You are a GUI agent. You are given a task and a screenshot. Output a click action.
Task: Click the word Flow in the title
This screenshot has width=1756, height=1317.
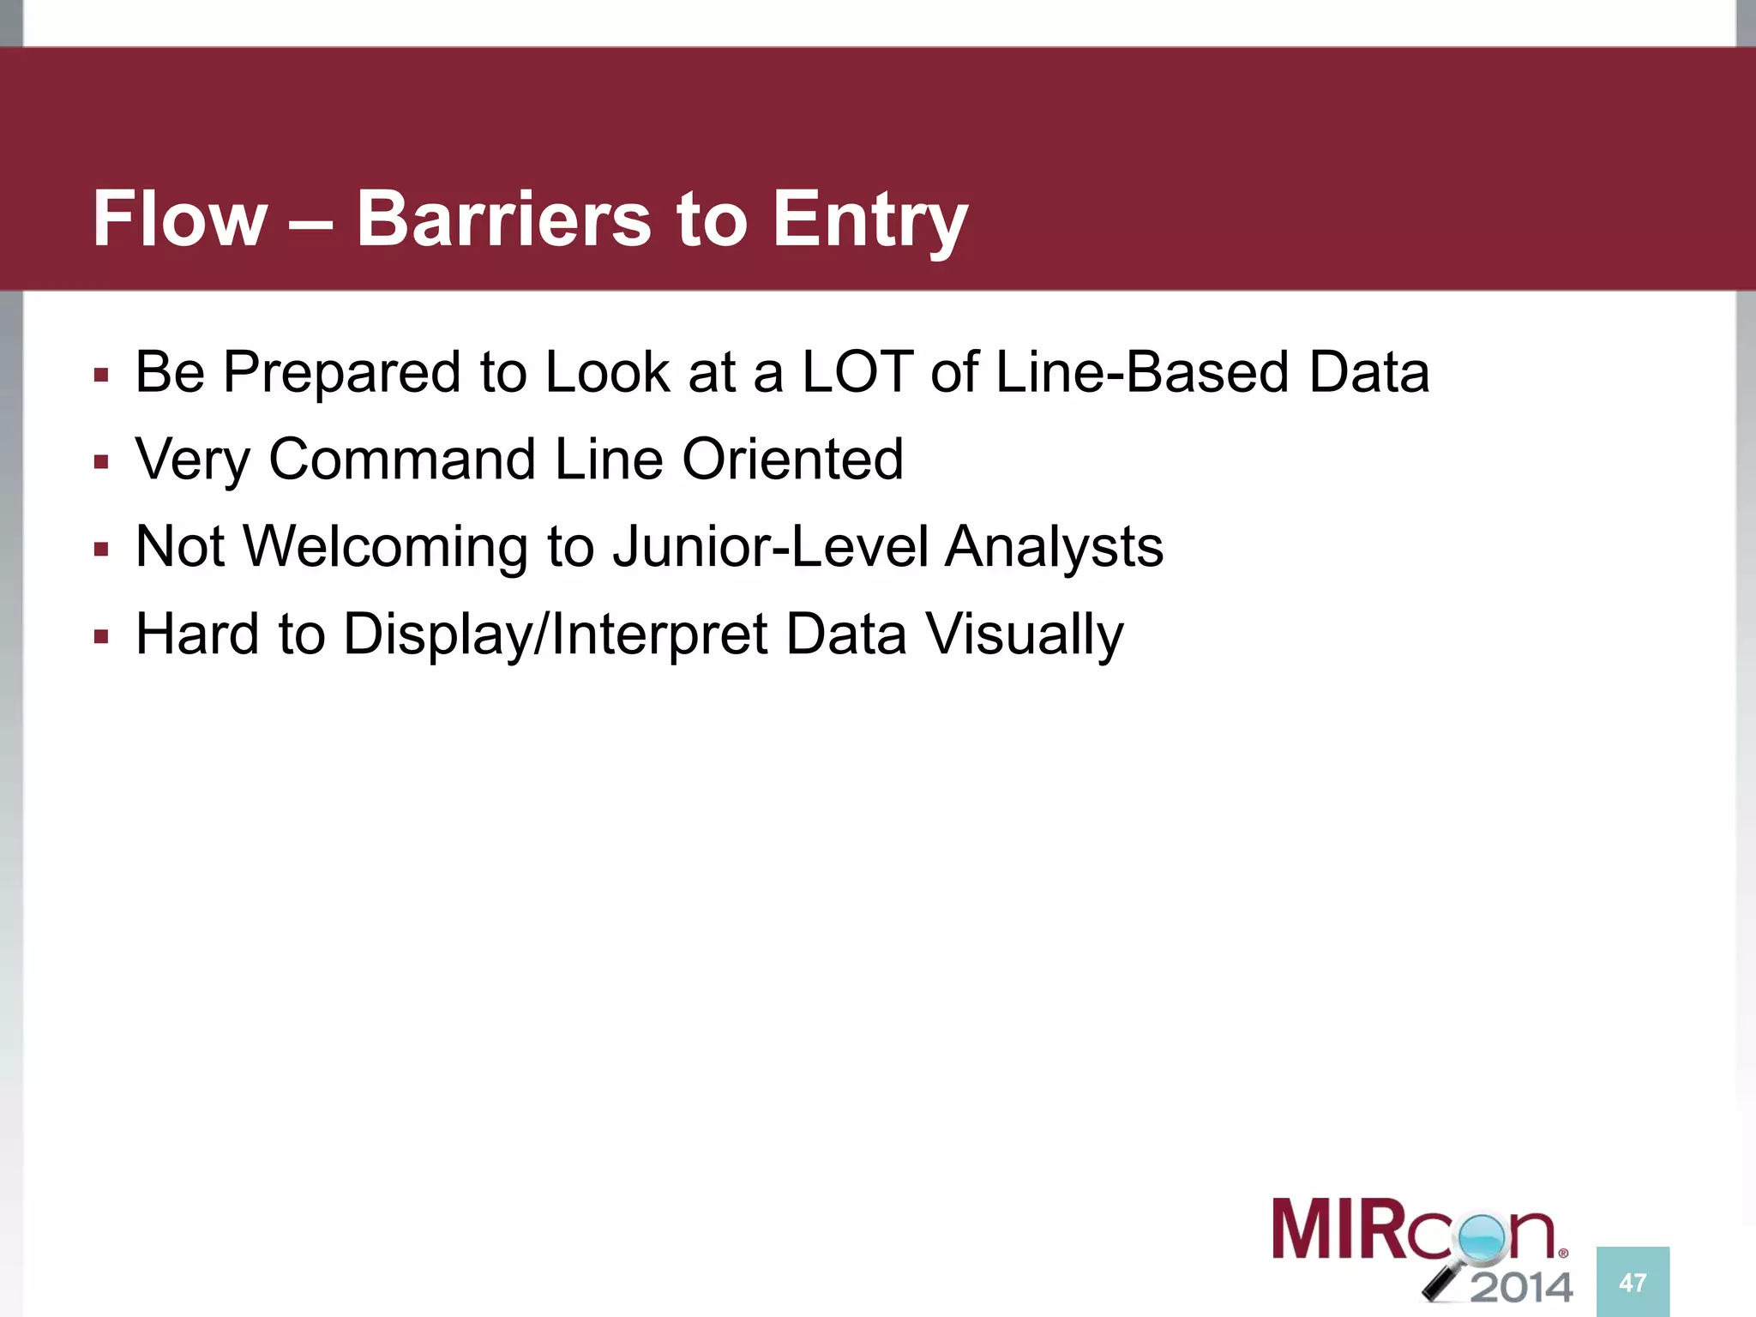pos(180,219)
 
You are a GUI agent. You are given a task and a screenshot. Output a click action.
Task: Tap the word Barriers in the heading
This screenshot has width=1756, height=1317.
pos(504,219)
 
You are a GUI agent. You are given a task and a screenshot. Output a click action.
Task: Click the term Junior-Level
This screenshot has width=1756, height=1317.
pos(770,547)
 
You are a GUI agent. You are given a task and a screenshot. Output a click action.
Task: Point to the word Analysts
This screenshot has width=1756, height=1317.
pos(1054,547)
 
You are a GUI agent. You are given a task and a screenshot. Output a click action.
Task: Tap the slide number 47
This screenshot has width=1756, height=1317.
pos(1633,1283)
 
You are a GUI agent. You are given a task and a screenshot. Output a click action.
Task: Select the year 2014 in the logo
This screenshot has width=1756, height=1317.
pos(1522,1287)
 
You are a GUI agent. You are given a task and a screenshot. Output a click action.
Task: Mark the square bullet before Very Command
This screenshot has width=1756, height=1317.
pos(101,463)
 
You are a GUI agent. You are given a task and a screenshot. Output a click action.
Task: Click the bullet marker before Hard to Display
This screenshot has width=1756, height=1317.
pos(101,637)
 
